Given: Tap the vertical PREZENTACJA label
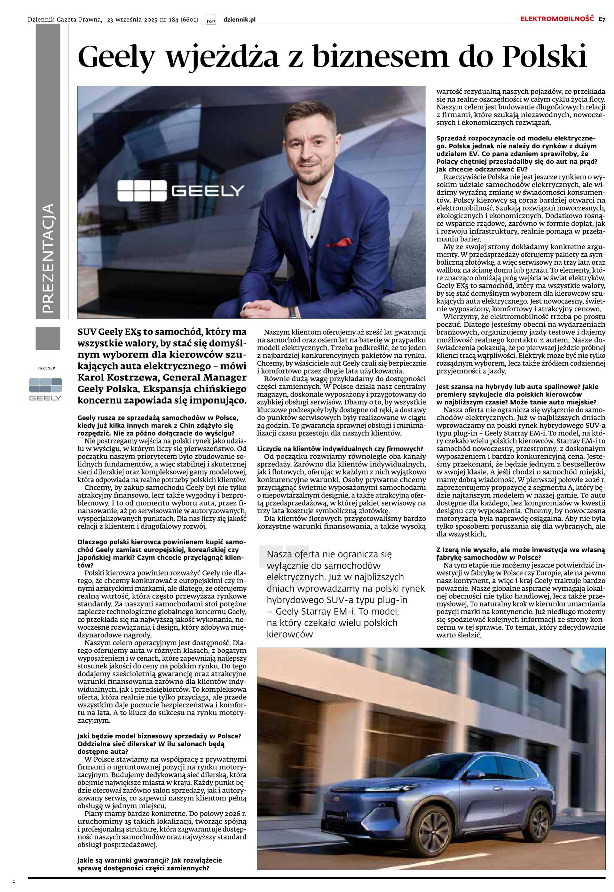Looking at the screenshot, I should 48,258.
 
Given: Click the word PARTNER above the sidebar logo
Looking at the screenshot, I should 46,368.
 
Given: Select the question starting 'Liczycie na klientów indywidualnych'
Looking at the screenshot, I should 340,449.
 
